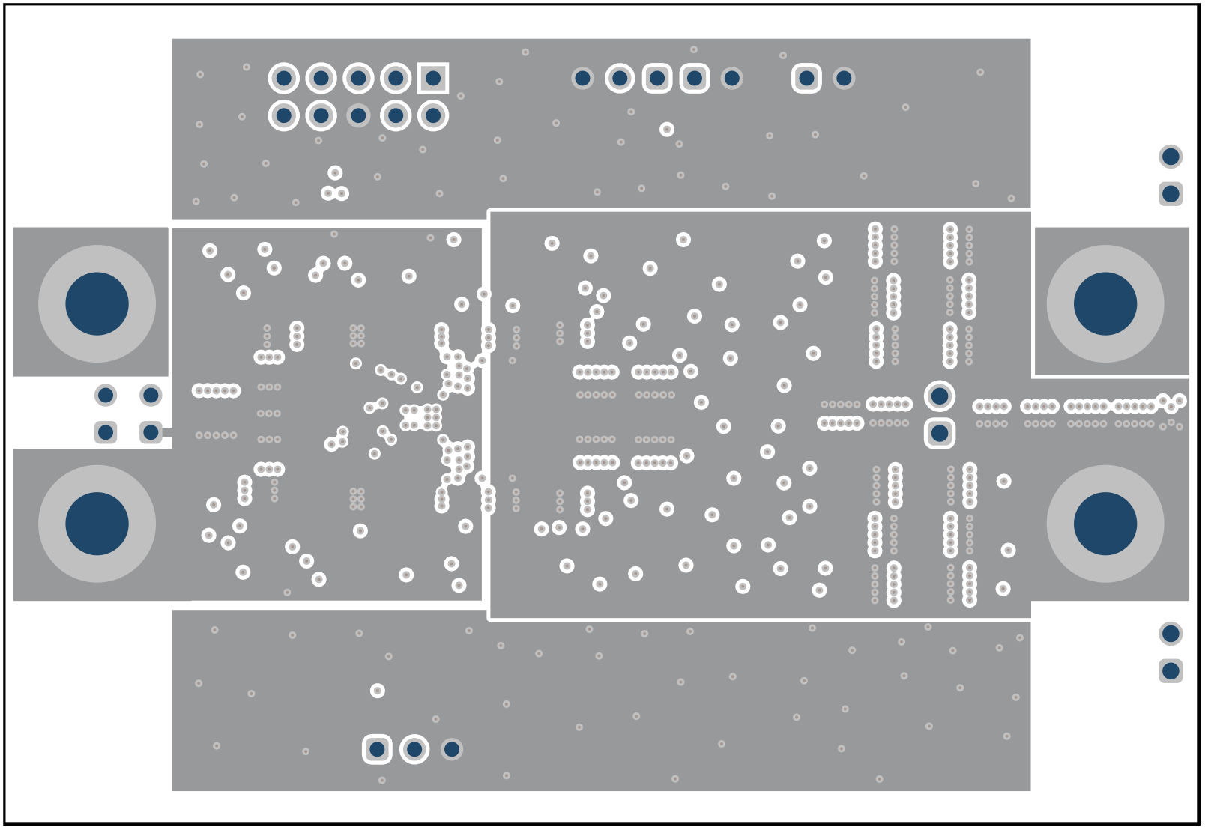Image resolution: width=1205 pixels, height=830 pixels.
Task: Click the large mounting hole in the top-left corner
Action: point(97,303)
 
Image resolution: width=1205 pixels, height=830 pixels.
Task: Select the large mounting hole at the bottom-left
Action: point(97,524)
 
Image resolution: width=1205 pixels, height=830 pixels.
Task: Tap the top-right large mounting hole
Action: point(1105,303)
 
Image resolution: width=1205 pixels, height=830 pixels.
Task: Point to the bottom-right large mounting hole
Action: point(1105,524)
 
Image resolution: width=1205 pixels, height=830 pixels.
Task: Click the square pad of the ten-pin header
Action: point(433,78)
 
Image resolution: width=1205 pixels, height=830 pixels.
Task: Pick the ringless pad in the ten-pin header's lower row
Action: point(358,115)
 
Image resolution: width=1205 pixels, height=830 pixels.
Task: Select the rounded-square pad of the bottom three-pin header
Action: point(377,749)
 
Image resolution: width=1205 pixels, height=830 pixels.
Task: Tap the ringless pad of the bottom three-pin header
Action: point(451,749)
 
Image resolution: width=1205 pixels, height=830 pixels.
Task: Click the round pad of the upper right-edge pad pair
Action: point(1171,157)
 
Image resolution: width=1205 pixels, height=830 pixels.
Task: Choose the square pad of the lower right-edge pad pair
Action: point(1171,670)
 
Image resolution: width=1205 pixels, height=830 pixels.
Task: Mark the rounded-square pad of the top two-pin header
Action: point(806,78)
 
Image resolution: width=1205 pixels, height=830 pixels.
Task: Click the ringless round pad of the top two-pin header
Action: point(844,78)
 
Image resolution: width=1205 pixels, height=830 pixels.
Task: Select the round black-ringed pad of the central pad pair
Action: point(940,396)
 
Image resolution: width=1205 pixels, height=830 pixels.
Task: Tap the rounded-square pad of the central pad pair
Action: point(940,433)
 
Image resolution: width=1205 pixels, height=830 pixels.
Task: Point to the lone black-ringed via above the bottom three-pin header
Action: point(377,691)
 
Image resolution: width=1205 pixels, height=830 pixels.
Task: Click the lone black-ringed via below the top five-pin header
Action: point(667,130)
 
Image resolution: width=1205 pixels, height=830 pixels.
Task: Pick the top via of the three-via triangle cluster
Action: point(335,173)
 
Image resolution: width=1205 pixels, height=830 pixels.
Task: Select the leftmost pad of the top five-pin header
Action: point(582,78)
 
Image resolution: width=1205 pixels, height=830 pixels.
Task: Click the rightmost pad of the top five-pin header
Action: point(731,78)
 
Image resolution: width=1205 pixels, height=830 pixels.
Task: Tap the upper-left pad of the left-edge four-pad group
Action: point(106,395)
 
